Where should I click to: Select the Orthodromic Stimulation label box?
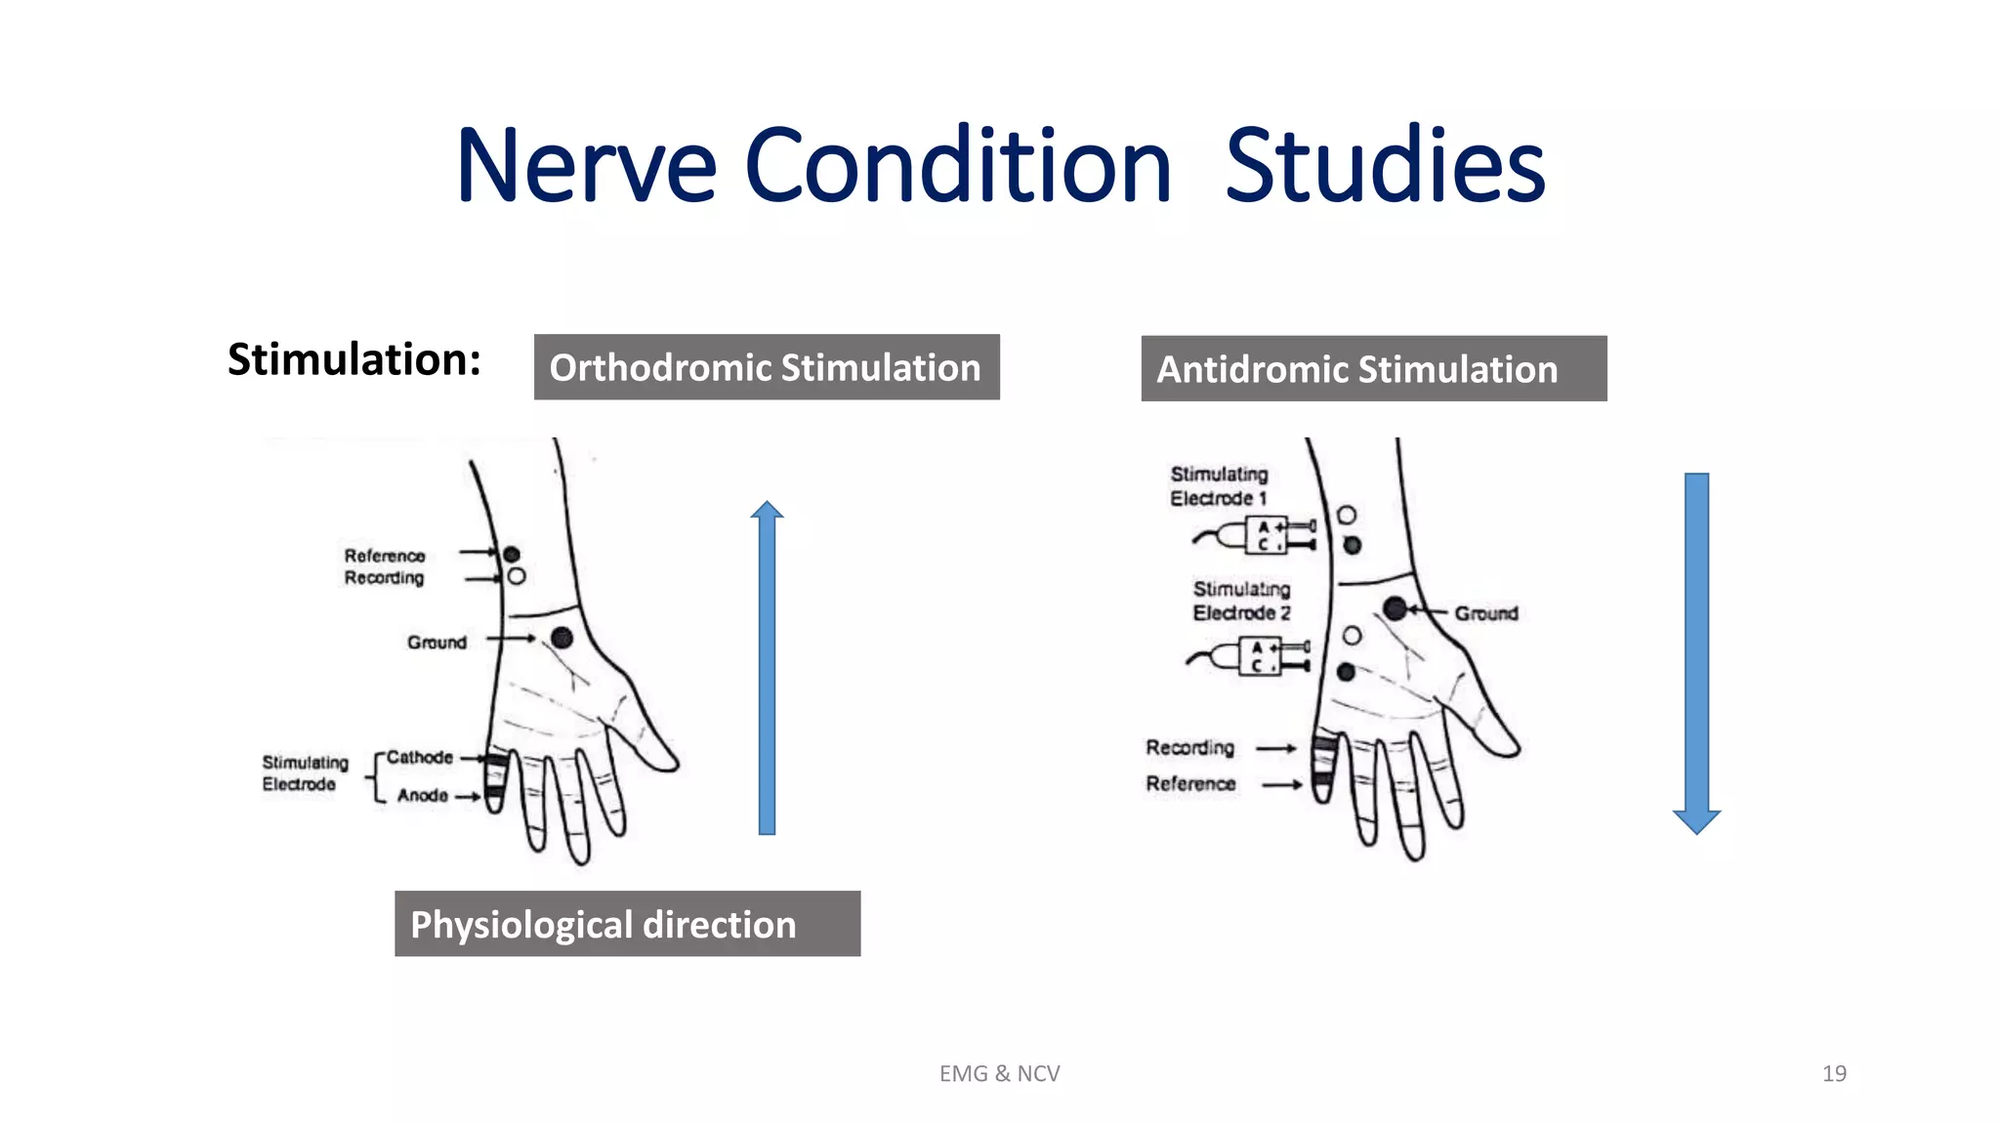tap(767, 367)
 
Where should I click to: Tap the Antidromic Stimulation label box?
tap(1373, 369)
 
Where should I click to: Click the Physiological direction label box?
tap(627, 924)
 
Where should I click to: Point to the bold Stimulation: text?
tap(354, 359)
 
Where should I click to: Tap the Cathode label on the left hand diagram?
tap(419, 757)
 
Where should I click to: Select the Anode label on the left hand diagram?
tap(422, 796)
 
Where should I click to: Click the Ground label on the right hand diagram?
tap(1485, 613)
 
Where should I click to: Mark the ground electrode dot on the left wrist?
tap(562, 638)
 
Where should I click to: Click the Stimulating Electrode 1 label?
tap(1219, 486)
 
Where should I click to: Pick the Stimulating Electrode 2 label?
tap(1241, 601)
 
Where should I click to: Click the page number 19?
tap(1833, 1073)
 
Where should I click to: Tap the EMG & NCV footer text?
tap(999, 1073)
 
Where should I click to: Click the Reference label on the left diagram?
tap(384, 556)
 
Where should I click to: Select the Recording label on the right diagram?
tap(1189, 748)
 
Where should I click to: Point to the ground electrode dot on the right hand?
tap(1395, 609)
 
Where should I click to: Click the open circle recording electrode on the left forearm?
tap(517, 576)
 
